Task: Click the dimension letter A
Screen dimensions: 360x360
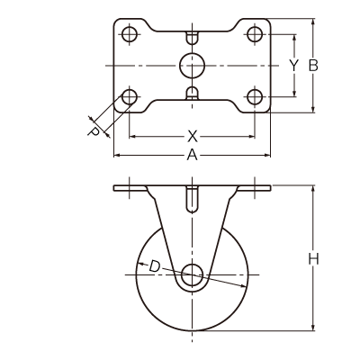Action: tap(193, 156)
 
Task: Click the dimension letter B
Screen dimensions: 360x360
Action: tap(313, 66)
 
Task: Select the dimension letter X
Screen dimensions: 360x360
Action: tap(193, 137)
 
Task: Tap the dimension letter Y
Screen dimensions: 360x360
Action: tap(294, 66)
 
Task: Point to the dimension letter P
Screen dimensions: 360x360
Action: tap(94, 132)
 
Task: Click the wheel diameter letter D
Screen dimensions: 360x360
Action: tap(155, 266)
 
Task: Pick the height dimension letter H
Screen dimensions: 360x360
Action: tap(313, 259)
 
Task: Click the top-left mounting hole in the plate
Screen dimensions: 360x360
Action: tap(130, 34)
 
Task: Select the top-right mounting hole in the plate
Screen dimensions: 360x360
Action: tap(255, 34)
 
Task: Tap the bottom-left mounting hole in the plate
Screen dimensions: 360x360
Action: tap(130, 97)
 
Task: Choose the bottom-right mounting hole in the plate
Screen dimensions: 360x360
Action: tap(255, 97)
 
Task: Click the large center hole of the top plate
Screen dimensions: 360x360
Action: tap(192, 66)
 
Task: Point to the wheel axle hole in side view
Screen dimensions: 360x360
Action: tap(192, 275)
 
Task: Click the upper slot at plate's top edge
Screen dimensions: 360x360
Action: tap(192, 37)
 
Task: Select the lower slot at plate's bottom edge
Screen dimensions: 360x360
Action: tap(192, 94)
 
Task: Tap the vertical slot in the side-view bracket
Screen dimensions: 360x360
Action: tap(192, 200)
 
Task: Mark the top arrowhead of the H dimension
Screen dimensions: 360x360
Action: tap(313, 190)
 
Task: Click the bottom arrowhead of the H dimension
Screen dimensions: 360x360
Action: tap(313, 327)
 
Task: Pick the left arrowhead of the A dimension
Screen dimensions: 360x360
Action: tap(118, 156)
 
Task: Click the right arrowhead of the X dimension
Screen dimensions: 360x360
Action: tap(250, 137)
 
